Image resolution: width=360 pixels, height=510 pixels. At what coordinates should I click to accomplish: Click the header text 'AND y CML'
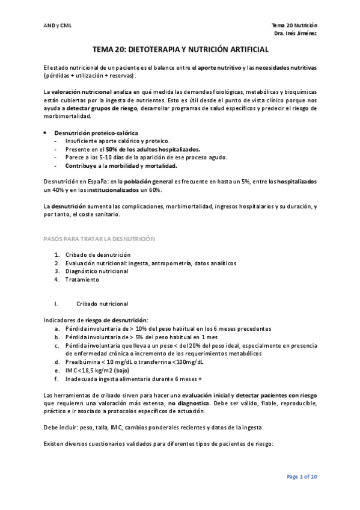click(58, 26)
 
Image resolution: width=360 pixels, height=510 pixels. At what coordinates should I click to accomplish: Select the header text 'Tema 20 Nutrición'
click(294, 25)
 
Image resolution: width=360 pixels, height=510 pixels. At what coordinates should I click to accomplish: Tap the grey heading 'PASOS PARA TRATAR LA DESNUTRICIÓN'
click(100, 239)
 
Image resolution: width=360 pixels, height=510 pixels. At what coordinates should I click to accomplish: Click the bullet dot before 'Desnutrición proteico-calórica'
click(46, 132)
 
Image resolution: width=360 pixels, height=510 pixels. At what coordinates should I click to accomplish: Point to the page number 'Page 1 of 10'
click(302, 477)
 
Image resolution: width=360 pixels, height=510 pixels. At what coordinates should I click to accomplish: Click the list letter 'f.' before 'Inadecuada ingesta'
click(56, 379)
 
